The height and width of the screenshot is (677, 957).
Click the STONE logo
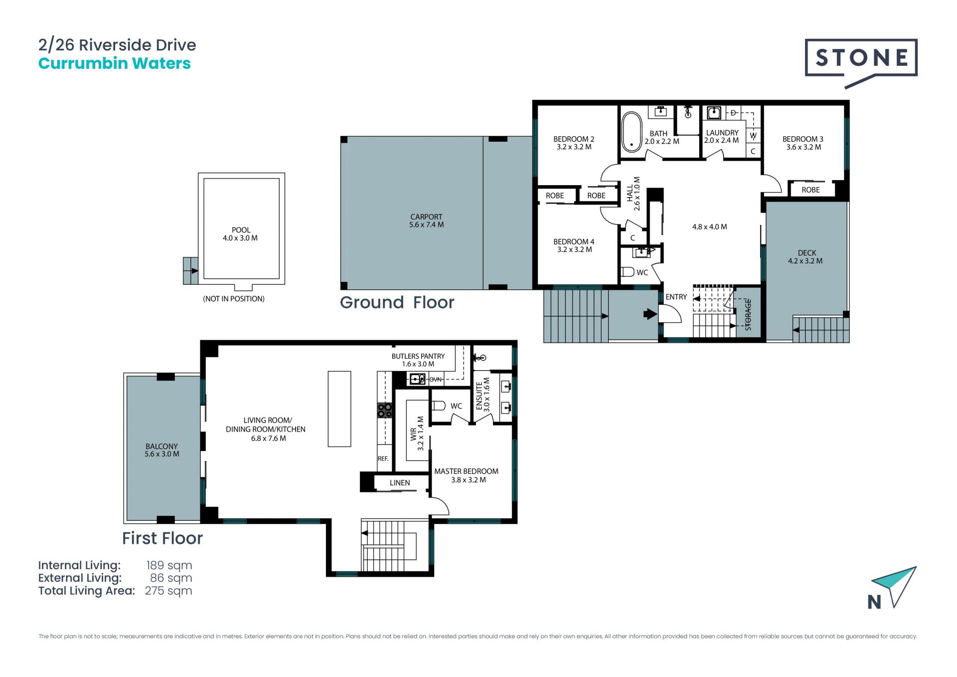coord(861,62)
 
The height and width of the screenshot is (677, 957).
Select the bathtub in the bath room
coord(632,132)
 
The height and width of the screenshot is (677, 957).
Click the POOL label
coord(241,230)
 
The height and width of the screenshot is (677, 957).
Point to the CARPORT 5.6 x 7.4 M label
coord(426,221)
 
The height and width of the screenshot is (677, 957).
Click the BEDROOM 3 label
coord(802,139)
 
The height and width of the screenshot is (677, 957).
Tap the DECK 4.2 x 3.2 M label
coord(805,257)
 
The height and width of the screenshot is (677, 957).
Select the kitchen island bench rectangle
coord(339,409)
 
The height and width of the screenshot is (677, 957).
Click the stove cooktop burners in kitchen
coord(385,410)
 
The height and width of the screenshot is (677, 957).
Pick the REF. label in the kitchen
coord(383,458)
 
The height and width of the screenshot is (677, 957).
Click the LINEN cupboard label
coord(400,483)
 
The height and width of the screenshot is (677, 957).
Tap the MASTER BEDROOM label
coord(466,471)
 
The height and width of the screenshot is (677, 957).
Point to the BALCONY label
coord(161,447)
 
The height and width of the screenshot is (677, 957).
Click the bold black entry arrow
coord(650,314)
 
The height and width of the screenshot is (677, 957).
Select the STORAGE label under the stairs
coord(748,315)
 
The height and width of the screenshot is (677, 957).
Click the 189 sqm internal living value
coord(169,565)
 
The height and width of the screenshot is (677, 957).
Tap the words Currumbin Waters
coord(115,63)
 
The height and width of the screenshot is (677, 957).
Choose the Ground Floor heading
coord(397,302)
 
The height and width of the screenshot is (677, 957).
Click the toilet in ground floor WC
coord(627,272)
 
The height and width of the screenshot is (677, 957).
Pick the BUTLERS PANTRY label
coord(418,356)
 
